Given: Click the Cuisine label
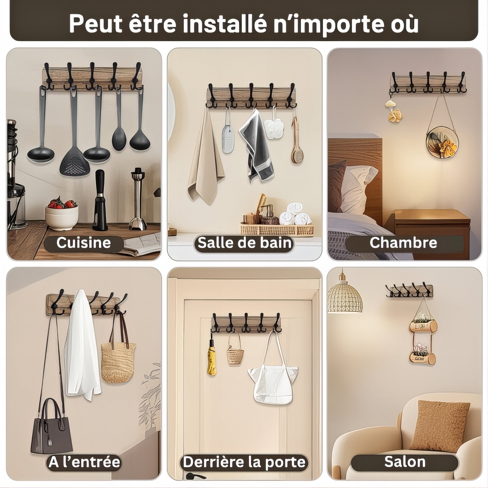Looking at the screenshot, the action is (x=84, y=243).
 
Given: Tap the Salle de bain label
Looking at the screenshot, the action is (x=244, y=243).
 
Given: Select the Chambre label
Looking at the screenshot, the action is (x=403, y=243).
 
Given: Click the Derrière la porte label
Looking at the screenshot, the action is (x=244, y=462).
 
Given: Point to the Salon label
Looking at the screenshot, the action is (x=405, y=462).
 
